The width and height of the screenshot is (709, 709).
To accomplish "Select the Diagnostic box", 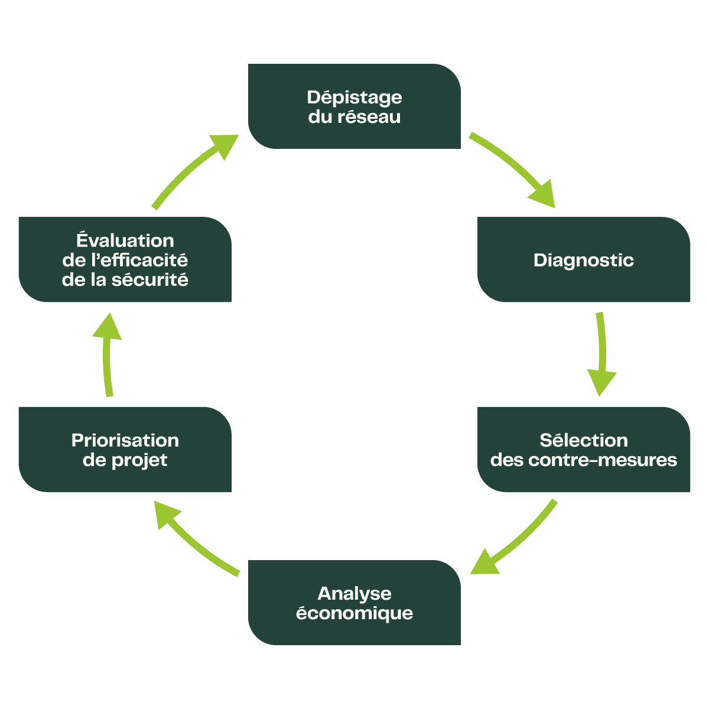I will point(584,284).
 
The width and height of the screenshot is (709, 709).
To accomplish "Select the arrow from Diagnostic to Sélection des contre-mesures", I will point(601,354).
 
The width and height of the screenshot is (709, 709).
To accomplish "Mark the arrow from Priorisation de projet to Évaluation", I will point(108,354).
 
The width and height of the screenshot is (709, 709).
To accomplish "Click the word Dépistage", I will point(354,97).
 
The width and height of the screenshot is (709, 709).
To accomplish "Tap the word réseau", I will point(370,117).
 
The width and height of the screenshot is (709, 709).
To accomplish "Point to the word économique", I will point(354,613).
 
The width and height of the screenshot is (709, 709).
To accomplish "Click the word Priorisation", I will point(125,441).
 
